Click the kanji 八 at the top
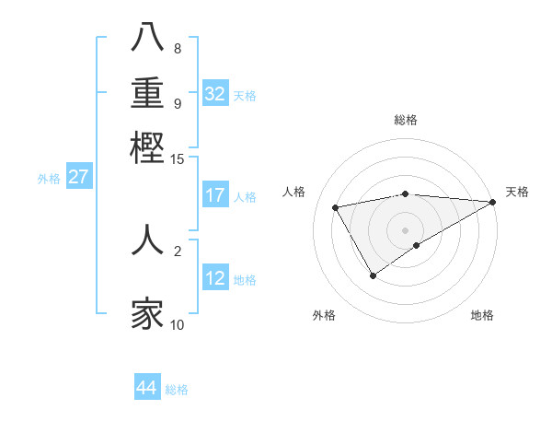click(147, 39)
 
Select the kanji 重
click(147, 92)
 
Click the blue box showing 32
click(215, 94)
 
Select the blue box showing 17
click(215, 195)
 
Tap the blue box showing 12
click(215, 278)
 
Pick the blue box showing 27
click(78, 177)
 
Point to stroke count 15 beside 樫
click(178, 159)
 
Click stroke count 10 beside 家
click(178, 324)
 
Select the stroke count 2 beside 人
click(178, 250)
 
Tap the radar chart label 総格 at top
click(406, 120)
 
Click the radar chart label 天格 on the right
click(517, 192)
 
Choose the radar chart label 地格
click(482, 315)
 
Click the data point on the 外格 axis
click(373, 275)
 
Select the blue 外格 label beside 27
click(48, 179)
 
